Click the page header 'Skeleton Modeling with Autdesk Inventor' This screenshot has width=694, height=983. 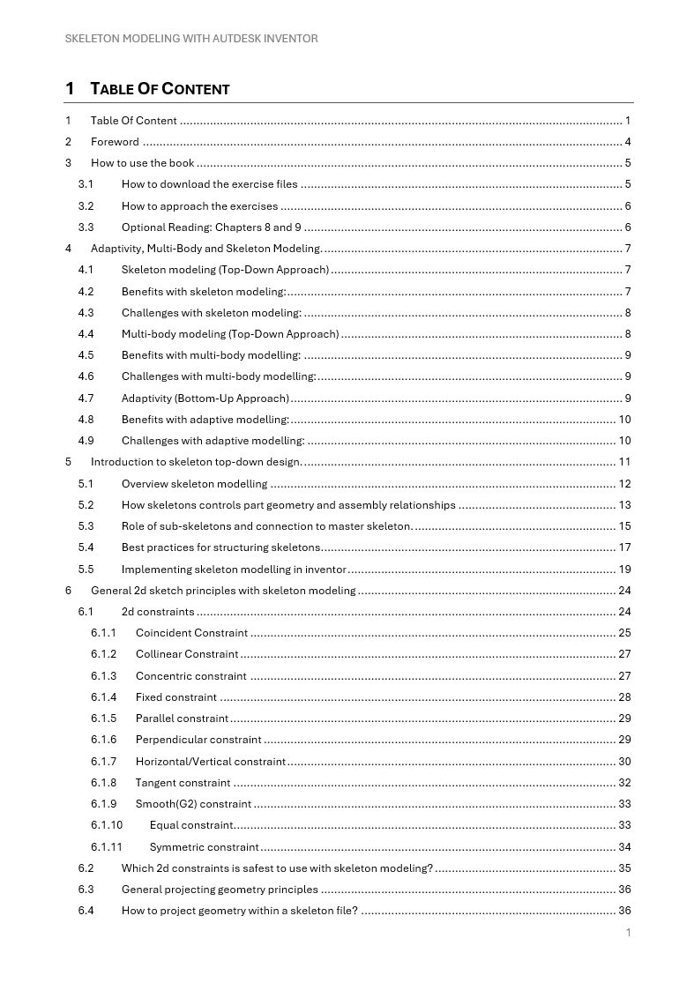[x=191, y=39]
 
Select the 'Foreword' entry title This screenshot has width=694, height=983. [x=115, y=142]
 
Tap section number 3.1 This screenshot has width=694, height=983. [x=86, y=184]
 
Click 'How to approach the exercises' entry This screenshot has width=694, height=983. [x=199, y=206]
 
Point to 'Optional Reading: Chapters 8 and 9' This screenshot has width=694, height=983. [x=212, y=227]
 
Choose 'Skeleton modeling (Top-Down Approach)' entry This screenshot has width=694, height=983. [x=225, y=270]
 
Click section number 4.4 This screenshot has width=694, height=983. [x=86, y=334]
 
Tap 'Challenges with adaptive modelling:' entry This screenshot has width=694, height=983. [x=213, y=441]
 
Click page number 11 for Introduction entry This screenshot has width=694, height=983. [x=624, y=462]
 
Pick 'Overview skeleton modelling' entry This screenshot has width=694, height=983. [x=194, y=484]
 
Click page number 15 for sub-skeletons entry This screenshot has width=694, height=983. [x=624, y=526]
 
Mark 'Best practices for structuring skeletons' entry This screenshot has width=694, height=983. [x=221, y=547]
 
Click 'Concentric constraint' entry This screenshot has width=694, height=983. [x=191, y=676]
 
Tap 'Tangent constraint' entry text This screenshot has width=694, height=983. [x=183, y=783]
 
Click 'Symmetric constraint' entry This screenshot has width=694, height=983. [x=204, y=847]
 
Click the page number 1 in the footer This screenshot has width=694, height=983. [x=628, y=933]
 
